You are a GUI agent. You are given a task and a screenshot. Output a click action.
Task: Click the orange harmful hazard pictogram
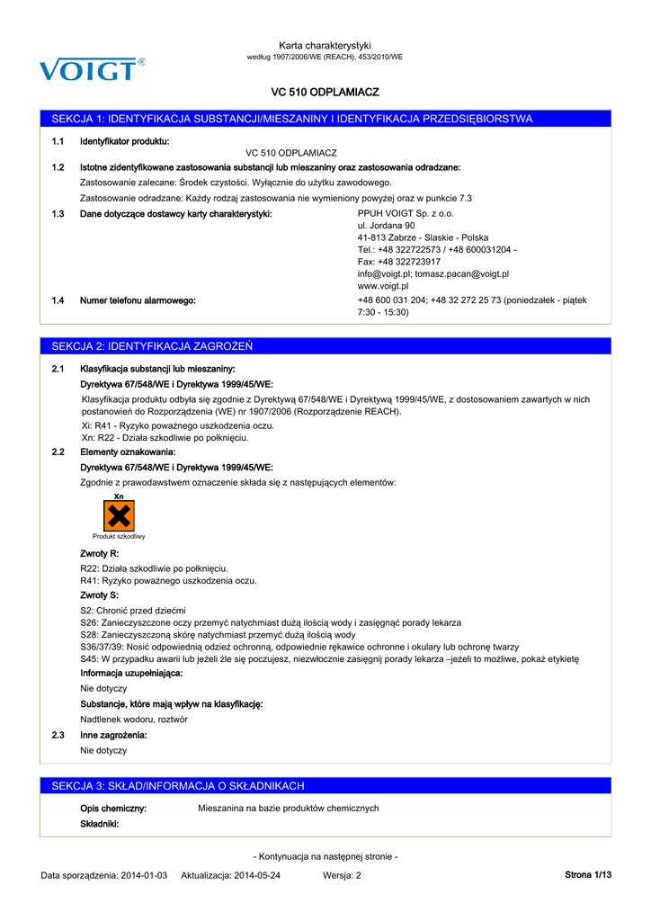tap(119, 515)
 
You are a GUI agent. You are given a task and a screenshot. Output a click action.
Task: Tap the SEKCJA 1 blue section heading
tap(292, 119)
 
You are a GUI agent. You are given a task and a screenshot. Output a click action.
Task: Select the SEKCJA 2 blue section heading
tap(153, 346)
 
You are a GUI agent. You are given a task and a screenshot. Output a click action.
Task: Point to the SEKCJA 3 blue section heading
tap(178, 786)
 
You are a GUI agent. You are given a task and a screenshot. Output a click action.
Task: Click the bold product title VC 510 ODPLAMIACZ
tap(325, 92)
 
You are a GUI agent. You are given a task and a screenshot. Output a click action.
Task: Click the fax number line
tap(398, 262)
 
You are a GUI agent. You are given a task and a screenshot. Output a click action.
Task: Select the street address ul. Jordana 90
tap(386, 226)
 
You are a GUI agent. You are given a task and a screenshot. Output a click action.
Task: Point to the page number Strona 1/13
tap(587, 875)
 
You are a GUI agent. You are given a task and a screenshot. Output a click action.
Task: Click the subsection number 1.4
tap(58, 300)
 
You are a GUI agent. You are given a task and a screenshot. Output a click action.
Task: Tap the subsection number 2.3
tap(58, 735)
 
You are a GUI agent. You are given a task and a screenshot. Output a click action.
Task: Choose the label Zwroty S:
tap(100, 595)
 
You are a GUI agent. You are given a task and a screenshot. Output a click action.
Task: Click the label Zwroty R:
tap(100, 553)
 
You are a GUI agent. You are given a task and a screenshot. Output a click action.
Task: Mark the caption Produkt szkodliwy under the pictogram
tap(119, 536)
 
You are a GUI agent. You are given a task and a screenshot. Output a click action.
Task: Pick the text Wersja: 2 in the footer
tap(342, 875)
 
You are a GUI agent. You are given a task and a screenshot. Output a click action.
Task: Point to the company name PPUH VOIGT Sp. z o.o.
tap(406, 214)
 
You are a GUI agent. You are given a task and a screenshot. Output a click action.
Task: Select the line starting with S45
tap(329, 659)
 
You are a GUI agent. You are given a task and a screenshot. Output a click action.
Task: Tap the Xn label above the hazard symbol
tap(119, 496)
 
